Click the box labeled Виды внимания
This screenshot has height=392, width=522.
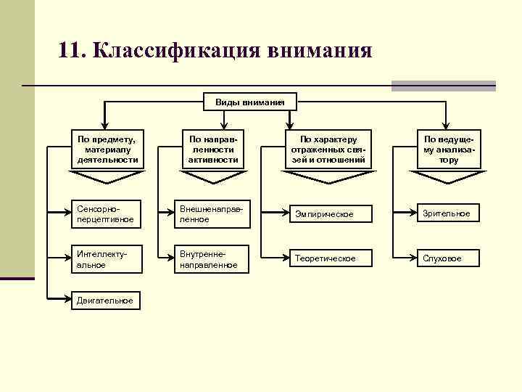click(x=249, y=102)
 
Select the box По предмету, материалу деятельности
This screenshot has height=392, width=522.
click(x=107, y=148)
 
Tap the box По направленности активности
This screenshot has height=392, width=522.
click(x=212, y=148)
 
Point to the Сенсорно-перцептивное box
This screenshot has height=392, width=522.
click(x=106, y=213)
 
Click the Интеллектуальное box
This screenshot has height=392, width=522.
click(x=106, y=259)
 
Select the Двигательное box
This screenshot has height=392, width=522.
click(x=106, y=300)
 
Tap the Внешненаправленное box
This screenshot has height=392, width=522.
click(x=212, y=213)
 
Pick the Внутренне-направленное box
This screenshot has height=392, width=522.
click(x=212, y=259)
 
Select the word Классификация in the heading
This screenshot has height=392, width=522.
click(x=176, y=52)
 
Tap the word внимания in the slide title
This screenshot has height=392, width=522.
click(x=319, y=52)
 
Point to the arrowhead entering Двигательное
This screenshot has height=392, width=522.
click(x=67, y=300)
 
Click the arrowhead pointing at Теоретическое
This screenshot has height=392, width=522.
click(x=284, y=258)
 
